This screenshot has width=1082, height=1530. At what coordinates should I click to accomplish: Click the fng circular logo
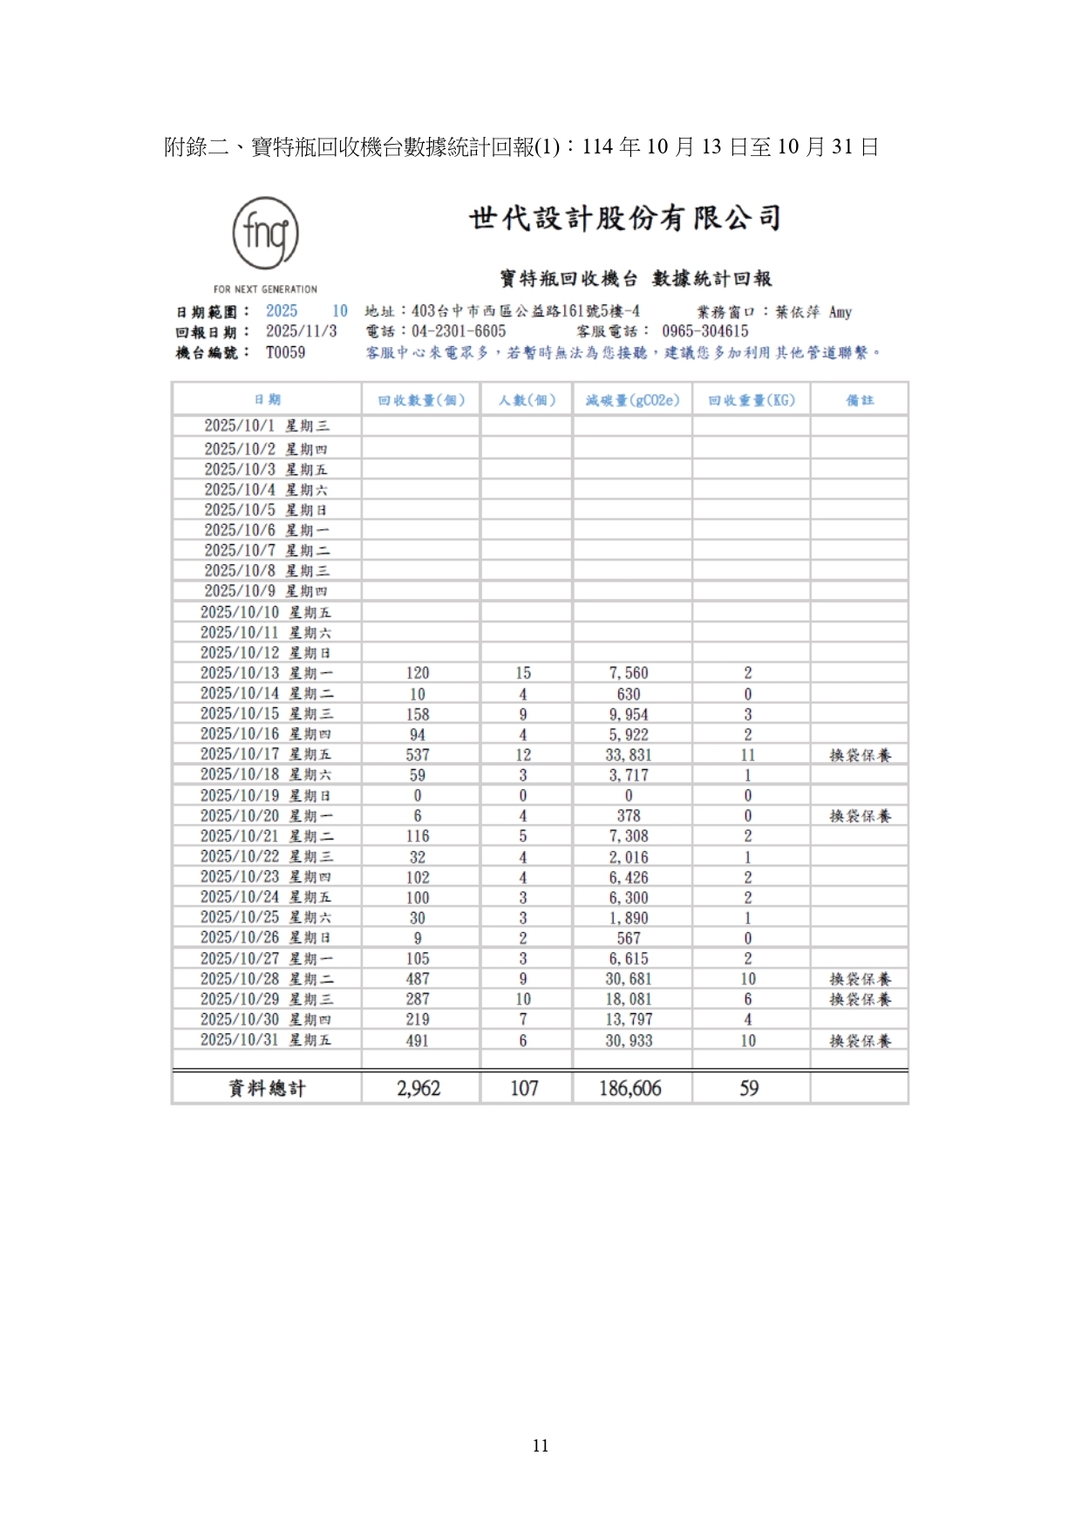click(x=265, y=234)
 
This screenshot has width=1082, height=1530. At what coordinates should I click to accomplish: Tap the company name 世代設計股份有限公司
click(x=624, y=218)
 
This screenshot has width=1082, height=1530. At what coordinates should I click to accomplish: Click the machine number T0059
click(x=285, y=353)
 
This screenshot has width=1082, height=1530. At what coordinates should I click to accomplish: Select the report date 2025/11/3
click(x=301, y=332)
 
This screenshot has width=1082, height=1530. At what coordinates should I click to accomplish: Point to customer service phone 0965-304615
click(x=704, y=332)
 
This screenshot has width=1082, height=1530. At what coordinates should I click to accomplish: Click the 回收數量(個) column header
click(x=421, y=400)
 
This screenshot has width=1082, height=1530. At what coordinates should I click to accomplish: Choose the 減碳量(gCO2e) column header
click(x=632, y=400)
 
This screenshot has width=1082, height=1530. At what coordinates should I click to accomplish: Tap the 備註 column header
click(x=859, y=400)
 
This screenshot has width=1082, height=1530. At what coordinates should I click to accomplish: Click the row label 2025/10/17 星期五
click(x=266, y=754)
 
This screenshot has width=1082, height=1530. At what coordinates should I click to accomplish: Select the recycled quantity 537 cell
click(x=418, y=755)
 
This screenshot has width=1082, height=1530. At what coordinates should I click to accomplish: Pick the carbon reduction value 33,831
click(x=629, y=755)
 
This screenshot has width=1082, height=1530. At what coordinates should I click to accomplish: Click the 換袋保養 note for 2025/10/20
click(x=860, y=816)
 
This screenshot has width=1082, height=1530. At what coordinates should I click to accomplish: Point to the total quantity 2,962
click(x=419, y=1088)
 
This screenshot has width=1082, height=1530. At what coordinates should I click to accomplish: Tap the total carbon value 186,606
click(x=629, y=1088)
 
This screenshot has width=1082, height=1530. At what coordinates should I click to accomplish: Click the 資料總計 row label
click(x=267, y=1088)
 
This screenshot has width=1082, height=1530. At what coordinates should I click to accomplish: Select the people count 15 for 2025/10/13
click(x=523, y=673)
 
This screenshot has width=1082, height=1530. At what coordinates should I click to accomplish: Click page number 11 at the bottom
click(x=541, y=1445)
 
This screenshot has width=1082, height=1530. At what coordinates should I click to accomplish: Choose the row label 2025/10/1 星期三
click(x=267, y=426)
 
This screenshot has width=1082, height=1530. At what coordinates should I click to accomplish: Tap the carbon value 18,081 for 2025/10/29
click(x=629, y=999)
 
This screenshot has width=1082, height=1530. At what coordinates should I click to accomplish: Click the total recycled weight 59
click(x=749, y=1088)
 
